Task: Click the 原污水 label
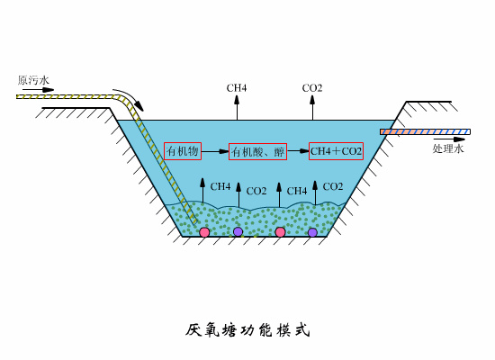coord(33,80)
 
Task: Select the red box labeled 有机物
coord(183,151)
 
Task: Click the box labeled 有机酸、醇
coord(258,152)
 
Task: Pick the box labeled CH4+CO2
coord(336,151)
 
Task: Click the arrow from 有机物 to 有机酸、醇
coord(216,152)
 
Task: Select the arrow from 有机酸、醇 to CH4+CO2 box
coord(298,151)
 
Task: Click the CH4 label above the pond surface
coord(237,88)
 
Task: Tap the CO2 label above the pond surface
coord(312,88)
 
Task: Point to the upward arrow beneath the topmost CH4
coord(237,107)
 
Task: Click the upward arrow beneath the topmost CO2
coord(312,107)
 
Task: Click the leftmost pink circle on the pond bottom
coord(204,232)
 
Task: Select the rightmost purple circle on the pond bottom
coord(312,232)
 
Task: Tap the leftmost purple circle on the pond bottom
coord(238,232)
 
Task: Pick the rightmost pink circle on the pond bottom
coord(280,232)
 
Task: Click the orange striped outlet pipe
coord(424,132)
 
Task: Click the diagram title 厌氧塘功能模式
coord(247,329)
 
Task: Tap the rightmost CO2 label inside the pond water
coord(332,186)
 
